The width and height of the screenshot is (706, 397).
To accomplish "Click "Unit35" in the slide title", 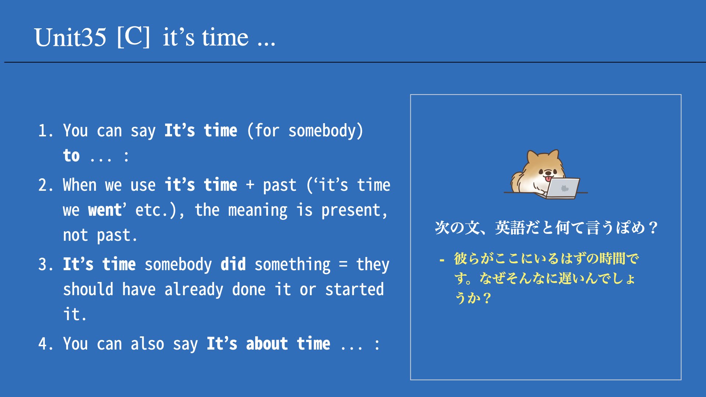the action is click(x=70, y=37).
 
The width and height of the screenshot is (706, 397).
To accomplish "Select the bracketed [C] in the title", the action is click(x=133, y=37).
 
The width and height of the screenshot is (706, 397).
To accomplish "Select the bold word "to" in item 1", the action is click(x=71, y=155).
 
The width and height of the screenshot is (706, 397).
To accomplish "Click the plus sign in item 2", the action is click(x=250, y=185).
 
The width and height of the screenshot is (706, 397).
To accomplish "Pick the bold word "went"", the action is click(x=105, y=210).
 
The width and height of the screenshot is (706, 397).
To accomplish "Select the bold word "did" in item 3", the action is click(x=233, y=264).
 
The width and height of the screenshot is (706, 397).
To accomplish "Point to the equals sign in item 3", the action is click(x=343, y=264).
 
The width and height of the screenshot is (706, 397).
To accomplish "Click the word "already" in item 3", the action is click(x=194, y=290).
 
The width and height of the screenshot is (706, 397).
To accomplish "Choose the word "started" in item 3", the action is click(x=354, y=289).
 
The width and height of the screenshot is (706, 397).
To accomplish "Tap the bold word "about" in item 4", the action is click(x=267, y=344).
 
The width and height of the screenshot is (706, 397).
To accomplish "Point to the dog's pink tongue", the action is click(x=549, y=179).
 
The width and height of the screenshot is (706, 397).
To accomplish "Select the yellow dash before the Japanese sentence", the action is click(x=442, y=261).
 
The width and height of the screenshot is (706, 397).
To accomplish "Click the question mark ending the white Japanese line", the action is click(x=653, y=228).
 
